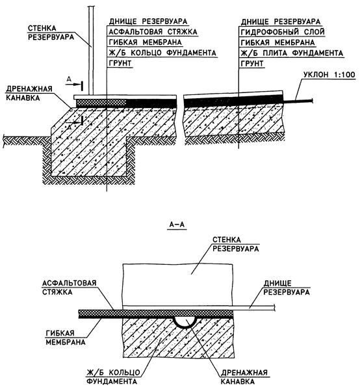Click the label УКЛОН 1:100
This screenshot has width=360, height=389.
click(x=329, y=74)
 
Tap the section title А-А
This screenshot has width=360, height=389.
click(x=177, y=225)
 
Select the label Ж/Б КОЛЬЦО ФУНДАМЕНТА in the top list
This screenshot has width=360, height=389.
click(x=162, y=53)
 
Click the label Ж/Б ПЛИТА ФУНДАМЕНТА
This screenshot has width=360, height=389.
click(x=292, y=53)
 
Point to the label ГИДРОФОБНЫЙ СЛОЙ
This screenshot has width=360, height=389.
click(x=283, y=32)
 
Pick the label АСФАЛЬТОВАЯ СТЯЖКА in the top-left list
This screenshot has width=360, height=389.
click(x=153, y=32)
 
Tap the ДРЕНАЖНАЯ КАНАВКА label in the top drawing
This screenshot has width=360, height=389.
click(x=29, y=93)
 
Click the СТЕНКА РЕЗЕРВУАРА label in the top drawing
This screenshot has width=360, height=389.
click(x=51, y=33)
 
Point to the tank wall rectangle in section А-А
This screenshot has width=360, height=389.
click(x=177, y=285)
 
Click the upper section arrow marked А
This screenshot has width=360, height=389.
click(x=74, y=85)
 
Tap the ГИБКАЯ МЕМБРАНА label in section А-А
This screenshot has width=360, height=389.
click(x=66, y=338)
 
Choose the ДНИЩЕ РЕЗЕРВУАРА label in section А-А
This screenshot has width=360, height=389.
click(x=286, y=288)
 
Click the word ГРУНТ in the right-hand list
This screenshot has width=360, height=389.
click(x=252, y=64)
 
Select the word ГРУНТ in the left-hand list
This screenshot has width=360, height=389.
click(x=120, y=63)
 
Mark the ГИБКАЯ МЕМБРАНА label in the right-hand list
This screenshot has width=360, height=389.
click(x=277, y=42)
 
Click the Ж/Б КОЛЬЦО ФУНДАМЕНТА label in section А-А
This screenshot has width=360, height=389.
click(x=113, y=377)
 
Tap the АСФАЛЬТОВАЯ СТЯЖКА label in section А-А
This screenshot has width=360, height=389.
click(x=69, y=288)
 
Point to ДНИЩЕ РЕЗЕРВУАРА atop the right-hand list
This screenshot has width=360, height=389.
click(x=281, y=21)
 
